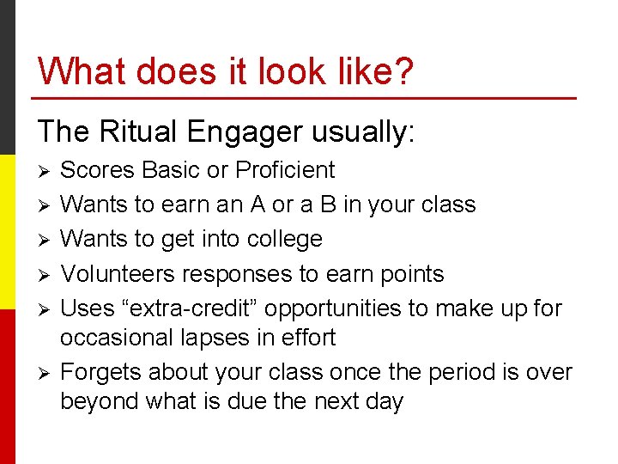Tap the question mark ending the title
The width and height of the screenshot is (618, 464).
402,71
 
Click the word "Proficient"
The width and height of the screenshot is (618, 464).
285,170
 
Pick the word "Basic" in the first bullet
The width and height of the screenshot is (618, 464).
170,170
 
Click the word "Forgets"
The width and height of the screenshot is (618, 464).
100,372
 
